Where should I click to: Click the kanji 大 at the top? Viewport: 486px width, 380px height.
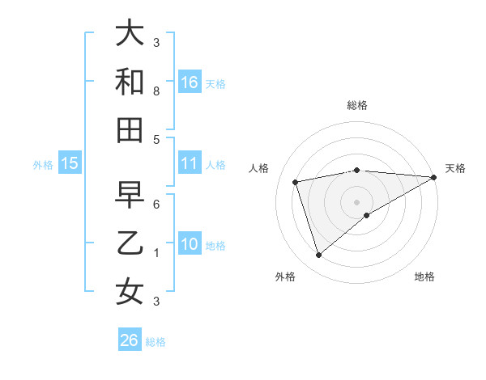(x=130, y=33)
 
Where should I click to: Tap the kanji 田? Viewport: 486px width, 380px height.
(x=130, y=129)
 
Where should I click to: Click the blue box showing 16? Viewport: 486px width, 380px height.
(x=190, y=82)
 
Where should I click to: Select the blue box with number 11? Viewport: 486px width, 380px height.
(x=190, y=163)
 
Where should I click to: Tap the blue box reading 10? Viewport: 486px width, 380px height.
(x=190, y=244)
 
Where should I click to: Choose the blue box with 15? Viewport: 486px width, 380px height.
(x=70, y=163)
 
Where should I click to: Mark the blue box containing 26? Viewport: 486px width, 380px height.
(x=130, y=340)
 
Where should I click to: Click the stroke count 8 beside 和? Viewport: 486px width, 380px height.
(x=156, y=91)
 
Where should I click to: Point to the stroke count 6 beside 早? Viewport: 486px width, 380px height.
(x=156, y=205)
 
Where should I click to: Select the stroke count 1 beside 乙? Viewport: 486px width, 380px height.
(x=156, y=253)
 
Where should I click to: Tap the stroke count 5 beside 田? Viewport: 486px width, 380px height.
(x=156, y=139)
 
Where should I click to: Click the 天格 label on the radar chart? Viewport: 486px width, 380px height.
(x=455, y=168)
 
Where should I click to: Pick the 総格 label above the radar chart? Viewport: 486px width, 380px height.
(x=357, y=105)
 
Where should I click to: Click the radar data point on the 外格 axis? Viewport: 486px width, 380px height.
(x=318, y=255)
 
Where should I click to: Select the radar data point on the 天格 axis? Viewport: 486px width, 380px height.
(x=434, y=177)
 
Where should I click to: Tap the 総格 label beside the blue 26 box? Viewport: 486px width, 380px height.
(x=156, y=342)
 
